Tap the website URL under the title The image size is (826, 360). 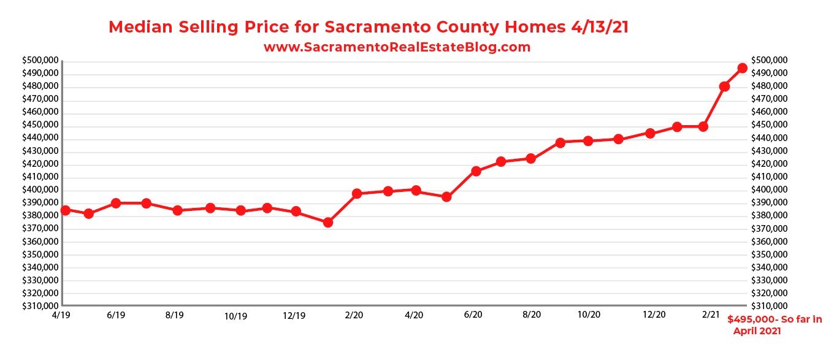pyautogui.click(x=397, y=47)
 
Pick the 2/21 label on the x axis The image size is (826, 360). pyautogui.click(x=711, y=315)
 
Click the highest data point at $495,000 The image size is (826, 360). pyautogui.click(x=742, y=68)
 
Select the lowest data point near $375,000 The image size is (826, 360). pyautogui.click(x=328, y=222)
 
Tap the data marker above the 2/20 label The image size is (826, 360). pyautogui.click(x=357, y=193)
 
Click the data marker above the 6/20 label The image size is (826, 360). pyautogui.click(x=476, y=171)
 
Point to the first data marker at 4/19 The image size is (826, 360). pyautogui.click(x=65, y=210)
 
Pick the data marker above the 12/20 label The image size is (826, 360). pyautogui.click(x=651, y=133)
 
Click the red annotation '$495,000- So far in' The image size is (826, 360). pyautogui.click(x=774, y=320)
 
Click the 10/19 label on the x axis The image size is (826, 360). pyautogui.click(x=235, y=316)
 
